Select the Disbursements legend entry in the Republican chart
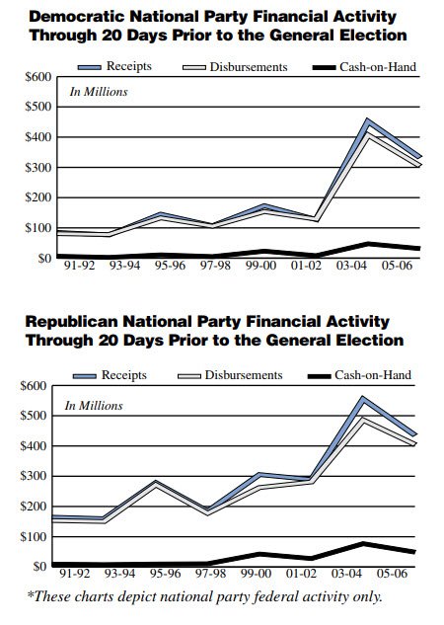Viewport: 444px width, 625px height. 248,376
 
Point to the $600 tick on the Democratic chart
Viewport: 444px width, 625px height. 37,77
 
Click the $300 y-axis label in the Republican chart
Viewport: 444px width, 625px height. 37,476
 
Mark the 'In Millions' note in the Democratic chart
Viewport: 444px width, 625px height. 99,93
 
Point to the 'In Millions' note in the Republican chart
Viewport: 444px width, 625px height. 95,406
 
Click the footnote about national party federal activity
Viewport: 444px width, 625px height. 202,596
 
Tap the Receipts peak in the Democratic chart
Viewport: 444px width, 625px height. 368,120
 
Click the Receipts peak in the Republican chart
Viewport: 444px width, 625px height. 362,397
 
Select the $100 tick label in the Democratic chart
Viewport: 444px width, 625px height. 37,228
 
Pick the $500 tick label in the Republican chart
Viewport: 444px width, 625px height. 37,415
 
